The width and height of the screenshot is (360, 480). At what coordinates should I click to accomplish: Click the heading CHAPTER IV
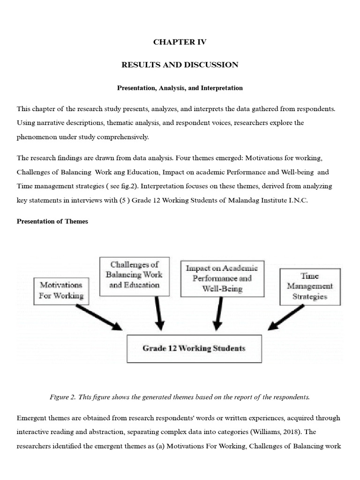[180, 42]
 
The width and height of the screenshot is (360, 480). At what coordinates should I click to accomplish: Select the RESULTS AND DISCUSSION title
[180, 65]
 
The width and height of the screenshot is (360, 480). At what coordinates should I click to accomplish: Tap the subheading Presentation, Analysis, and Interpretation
[180, 88]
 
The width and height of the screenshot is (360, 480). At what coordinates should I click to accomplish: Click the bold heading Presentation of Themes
[52, 221]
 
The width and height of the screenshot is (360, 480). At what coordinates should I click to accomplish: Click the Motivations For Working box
[61, 290]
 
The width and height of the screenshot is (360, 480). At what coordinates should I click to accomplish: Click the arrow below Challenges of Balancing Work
[159, 314]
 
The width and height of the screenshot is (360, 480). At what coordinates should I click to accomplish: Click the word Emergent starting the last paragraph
[32, 418]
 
